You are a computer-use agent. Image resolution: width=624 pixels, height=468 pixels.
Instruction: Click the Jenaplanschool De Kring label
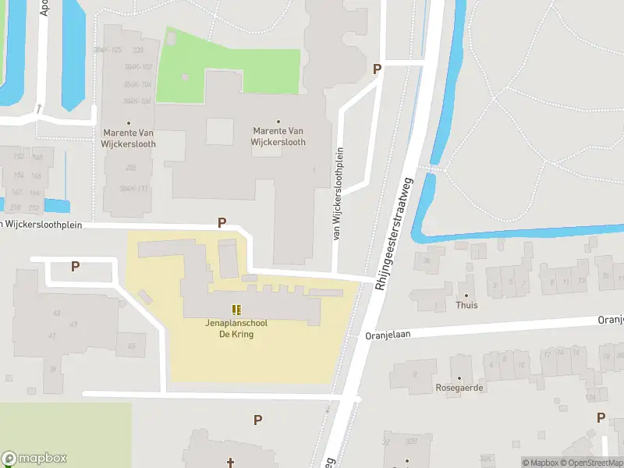tap(229, 328)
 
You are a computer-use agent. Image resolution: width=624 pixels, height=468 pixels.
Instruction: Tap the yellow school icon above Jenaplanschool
tap(236, 310)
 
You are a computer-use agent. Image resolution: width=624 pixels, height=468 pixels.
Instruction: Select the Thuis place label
tap(467, 305)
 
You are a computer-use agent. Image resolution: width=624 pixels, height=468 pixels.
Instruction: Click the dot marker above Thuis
tap(467, 295)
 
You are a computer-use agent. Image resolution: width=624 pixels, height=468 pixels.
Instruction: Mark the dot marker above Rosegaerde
tap(459, 378)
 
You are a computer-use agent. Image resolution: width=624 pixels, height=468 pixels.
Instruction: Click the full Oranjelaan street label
tap(388, 335)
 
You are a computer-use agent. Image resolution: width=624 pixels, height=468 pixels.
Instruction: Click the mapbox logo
tap(34, 459)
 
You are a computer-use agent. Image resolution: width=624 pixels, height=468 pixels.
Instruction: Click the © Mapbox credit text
tap(540, 463)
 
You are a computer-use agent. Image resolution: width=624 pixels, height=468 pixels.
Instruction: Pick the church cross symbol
tap(230, 463)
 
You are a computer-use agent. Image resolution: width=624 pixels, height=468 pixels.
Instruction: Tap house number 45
tap(131, 346)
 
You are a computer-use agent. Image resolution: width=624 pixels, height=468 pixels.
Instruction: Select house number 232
tap(130, 168)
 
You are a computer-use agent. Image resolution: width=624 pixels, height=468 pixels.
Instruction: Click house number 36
tap(428, 261)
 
